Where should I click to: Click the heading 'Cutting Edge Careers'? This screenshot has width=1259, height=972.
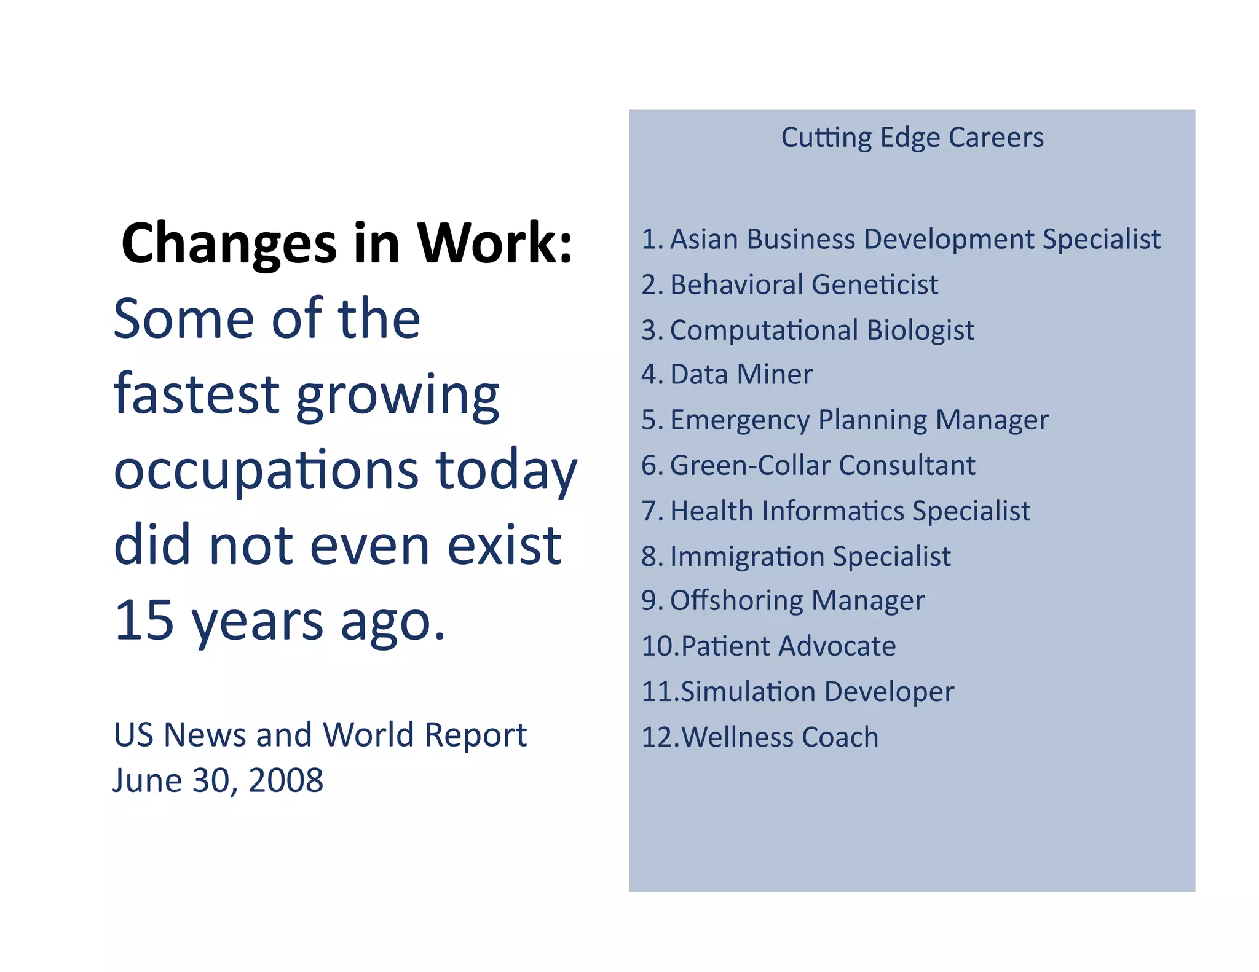912,137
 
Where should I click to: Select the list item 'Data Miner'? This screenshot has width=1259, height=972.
741,374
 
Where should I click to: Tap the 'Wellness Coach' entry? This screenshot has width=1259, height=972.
779,737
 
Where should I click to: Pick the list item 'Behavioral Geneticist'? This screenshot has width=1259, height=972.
803,284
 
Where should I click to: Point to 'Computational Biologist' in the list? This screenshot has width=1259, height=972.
821,330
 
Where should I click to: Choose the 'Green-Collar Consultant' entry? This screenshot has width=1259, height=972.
822,465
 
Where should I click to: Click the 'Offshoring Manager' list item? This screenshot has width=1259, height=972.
797,600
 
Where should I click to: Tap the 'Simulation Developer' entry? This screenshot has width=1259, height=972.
817,691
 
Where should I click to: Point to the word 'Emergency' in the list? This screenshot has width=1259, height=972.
740,421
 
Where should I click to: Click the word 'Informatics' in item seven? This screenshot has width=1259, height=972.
832,511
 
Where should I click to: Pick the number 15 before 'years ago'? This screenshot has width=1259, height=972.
144,620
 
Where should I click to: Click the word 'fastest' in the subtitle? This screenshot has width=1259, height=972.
196,394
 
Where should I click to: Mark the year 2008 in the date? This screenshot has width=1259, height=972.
286,780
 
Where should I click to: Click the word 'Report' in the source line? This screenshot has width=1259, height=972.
475,735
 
